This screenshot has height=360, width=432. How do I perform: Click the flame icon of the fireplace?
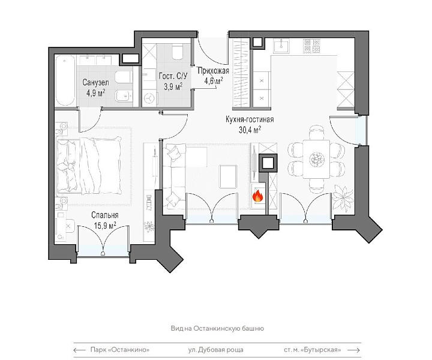tap(258, 196)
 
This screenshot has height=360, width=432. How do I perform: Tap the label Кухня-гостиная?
tap(250, 119)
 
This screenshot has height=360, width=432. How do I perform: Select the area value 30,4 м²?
tap(250, 130)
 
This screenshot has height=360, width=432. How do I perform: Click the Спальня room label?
tap(104, 215)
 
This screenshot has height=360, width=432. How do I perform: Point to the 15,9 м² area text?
tap(105, 226)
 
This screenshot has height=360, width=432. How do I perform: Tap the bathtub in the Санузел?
tap(65, 80)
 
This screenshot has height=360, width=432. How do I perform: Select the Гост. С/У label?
tap(173, 76)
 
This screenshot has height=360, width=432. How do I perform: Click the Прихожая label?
tap(214, 71)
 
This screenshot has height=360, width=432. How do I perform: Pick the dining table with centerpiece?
tap(316, 159)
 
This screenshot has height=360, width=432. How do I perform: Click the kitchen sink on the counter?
tap(281, 46)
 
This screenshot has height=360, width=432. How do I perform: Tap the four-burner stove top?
tap(312, 46)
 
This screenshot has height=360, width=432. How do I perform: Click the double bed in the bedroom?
tap(89, 166)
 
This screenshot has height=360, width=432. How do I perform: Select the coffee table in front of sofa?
tap(228, 176)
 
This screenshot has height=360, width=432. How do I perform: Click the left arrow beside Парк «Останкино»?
tap(80, 350)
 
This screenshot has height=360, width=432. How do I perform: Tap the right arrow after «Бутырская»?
tap(354, 350)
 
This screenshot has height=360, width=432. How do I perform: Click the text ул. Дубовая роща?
tap(216, 350)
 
